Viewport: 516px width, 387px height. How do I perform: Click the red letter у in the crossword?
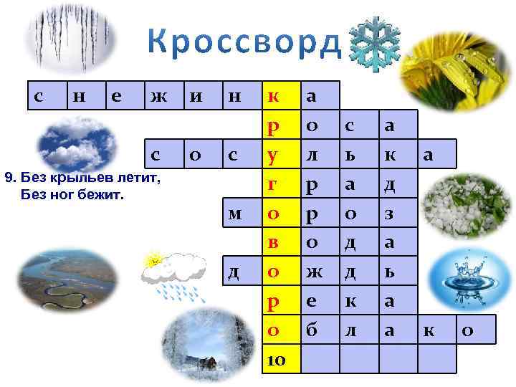(x=274, y=155)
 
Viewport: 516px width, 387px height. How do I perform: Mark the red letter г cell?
(x=274, y=185)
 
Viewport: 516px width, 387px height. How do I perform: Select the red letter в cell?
(x=274, y=242)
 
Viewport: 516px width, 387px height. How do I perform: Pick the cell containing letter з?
(x=390, y=214)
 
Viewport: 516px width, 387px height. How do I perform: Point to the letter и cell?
(x=195, y=96)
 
